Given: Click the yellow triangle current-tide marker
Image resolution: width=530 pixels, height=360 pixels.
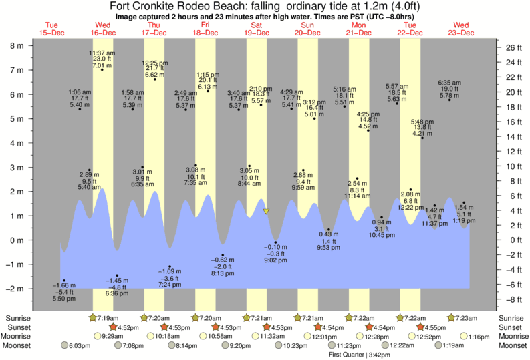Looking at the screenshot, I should point(266,212).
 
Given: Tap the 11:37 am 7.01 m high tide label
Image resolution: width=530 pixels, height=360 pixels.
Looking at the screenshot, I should point(102,59).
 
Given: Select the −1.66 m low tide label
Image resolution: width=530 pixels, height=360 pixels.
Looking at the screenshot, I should point(63,292).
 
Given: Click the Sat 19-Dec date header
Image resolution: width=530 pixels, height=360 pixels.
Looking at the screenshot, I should point(257,29).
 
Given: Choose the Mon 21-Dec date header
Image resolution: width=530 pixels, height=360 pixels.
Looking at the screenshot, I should point(359,29).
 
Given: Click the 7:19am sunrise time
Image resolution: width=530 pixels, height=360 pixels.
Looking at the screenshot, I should point(107,318).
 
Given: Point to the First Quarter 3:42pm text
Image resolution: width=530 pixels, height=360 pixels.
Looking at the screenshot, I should point(360,354).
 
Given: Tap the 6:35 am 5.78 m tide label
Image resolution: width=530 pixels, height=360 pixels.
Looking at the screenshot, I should point(449,89).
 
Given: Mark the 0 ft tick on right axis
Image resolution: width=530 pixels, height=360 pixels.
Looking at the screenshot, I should point(510,240).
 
